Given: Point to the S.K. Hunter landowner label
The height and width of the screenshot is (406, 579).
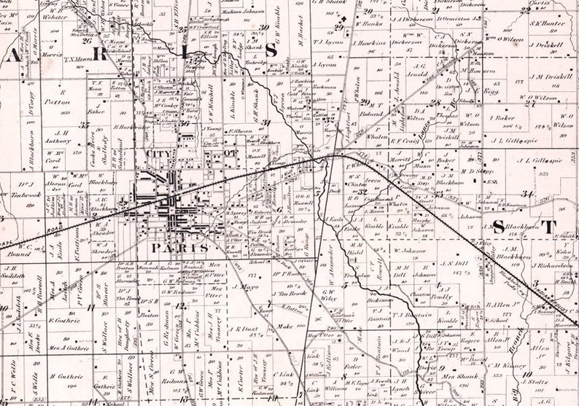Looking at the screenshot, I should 547,23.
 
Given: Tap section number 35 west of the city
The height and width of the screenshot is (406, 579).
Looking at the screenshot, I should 86,125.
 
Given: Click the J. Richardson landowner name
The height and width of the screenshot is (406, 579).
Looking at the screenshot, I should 552,267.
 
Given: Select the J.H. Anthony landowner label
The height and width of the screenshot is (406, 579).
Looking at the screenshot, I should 57,136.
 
